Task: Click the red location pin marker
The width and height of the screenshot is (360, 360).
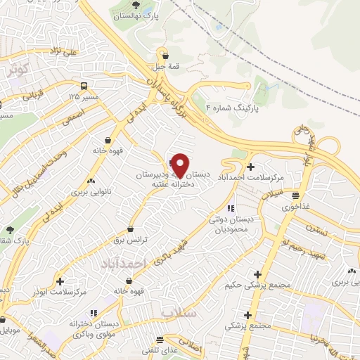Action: coord(180,165)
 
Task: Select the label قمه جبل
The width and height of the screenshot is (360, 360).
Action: coord(165,67)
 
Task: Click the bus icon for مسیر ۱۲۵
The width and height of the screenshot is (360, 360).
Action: coord(85,85)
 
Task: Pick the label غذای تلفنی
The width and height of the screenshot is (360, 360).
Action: coord(159,349)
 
